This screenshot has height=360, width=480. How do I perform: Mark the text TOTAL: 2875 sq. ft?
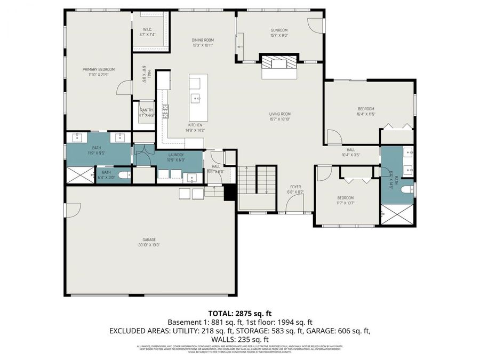click(x=239, y=313)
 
